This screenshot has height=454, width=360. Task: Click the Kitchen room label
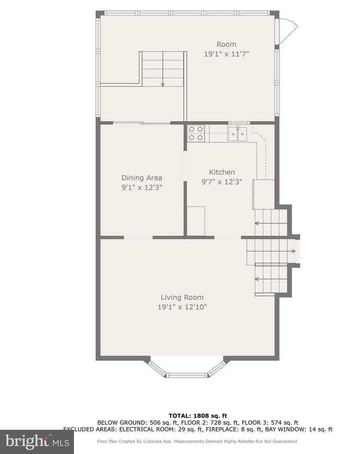(222, 172)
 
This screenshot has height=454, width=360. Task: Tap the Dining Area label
(142, 178)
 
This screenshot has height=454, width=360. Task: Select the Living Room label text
(182, 297)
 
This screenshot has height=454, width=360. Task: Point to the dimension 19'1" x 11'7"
(227, 54)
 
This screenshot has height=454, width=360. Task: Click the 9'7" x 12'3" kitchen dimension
(222, 182)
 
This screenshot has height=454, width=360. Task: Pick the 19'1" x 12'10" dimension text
(182, 307)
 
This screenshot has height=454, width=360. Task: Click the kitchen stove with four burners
(196, 134)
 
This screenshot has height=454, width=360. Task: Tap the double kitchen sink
(238, 134)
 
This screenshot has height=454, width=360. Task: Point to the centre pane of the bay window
(188, 375)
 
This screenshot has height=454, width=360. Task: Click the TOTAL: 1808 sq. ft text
(198, 416)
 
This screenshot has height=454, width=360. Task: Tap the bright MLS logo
(37, 441)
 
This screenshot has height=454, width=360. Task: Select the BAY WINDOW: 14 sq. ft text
(299, 429)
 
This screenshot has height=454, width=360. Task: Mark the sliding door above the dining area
(142, 123)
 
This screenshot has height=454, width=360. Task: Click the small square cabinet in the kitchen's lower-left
(196, 221)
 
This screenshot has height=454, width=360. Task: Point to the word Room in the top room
(227, 44)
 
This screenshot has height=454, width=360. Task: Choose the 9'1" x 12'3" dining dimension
(142, 187)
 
